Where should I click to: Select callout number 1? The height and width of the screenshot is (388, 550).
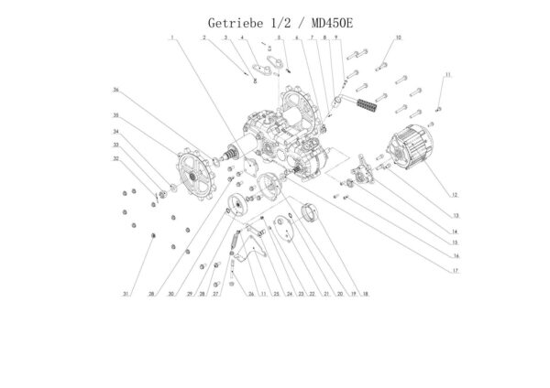170,37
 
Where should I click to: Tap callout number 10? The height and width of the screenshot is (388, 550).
399,37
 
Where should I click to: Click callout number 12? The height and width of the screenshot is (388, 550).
454,194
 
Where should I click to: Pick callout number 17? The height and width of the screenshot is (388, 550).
454,271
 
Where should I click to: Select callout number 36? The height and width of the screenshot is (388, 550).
116,90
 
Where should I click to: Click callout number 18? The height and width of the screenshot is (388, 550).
365,295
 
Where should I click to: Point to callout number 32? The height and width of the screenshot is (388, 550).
116,158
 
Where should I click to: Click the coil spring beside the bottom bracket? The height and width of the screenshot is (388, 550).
237,244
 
